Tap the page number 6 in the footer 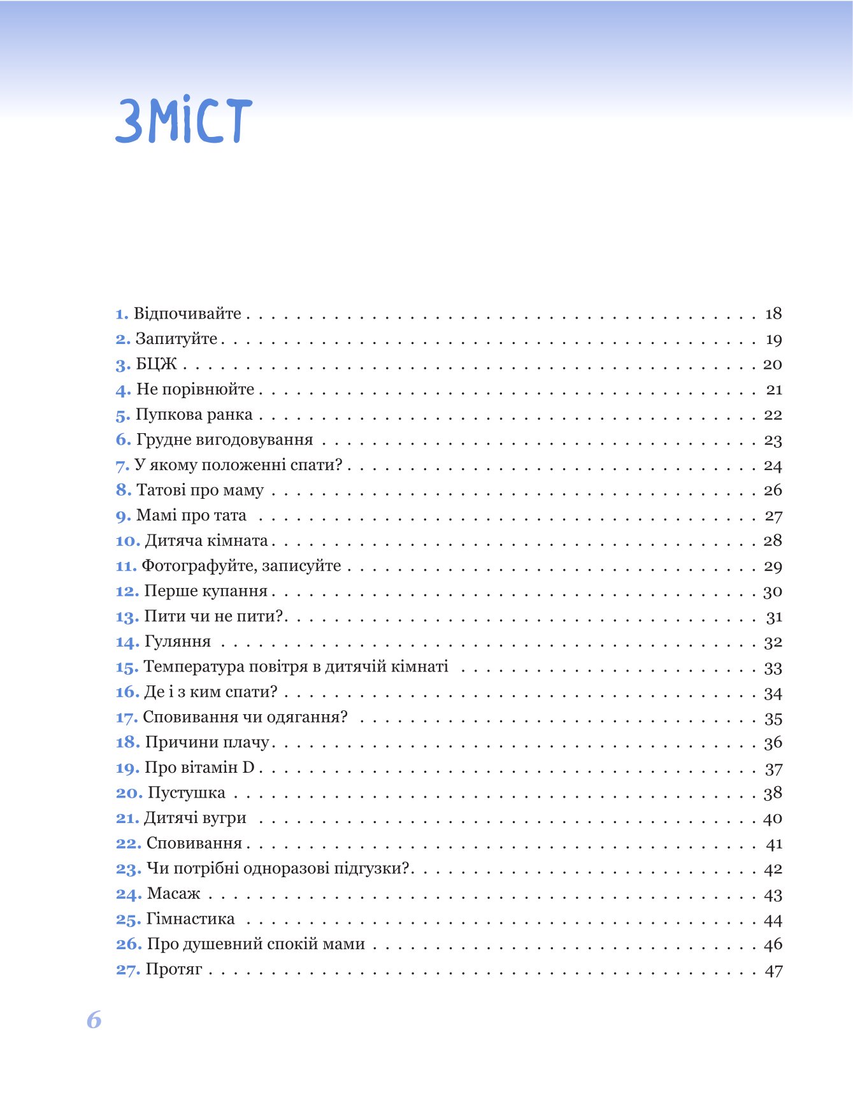coord(94,1020)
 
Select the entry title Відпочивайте coord(187,313)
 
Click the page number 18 coord(773,313)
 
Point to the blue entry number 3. coord(122,365)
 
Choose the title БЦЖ coord(157,364)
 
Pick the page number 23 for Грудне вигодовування coord(773,440)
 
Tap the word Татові coord(161,491)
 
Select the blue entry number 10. coord(127,541)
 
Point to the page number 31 coord(774,617)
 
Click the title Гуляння coord(178,642)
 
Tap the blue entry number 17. coord(127,717)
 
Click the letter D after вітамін coord(248,768)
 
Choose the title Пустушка coord(187,793)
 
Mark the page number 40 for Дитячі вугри coord(773,819)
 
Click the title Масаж coord(173,894)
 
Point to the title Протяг coord(174,970)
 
